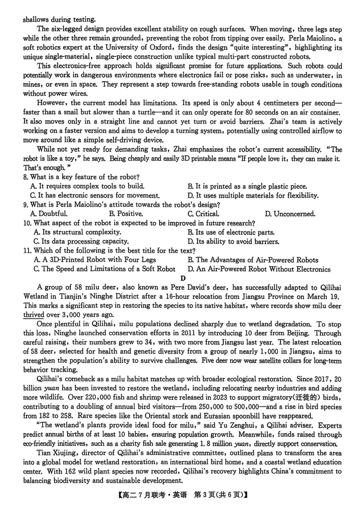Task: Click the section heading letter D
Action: [x=182, y=279]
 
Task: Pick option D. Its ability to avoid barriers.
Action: [x=233, y=241]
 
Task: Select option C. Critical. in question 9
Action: [x=203, y=214]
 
